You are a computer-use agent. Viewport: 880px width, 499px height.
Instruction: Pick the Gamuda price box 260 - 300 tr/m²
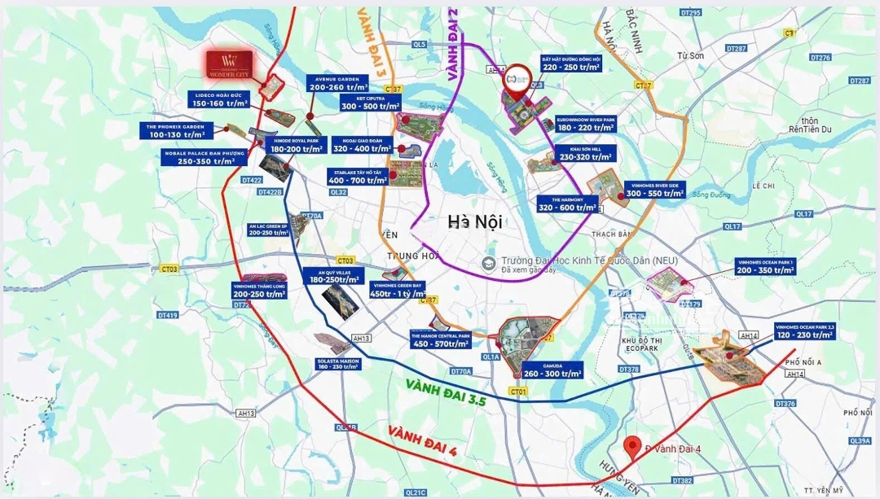(552, 370)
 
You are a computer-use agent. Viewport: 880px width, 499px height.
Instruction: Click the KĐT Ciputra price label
(372, 103)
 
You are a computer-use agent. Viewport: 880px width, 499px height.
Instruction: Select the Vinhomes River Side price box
(654, 190)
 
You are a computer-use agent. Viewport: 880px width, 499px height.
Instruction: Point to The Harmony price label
(569, 204)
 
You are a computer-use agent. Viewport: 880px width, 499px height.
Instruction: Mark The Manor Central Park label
(441, 339)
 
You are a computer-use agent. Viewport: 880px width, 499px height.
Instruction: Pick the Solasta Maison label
(338, 364)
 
